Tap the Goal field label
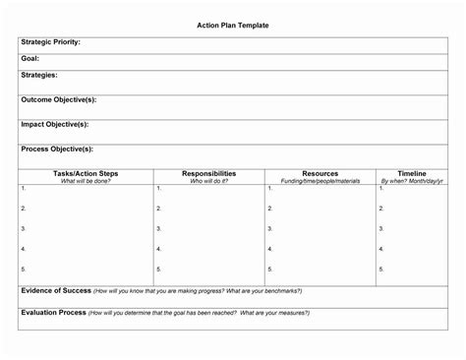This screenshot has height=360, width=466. click(30, 59)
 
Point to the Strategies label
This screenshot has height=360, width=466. click(39, 74)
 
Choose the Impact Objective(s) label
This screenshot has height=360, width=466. click(55, 124)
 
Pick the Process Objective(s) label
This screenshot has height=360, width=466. click(57, 149)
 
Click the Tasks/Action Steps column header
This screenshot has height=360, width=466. click(87, 173)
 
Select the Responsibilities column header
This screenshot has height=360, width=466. click(208, 173)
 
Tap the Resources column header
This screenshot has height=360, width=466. click(320, 173)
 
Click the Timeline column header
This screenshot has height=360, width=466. click(411, 173)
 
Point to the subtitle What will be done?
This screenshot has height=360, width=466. click(87, 181)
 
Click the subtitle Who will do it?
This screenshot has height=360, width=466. click(208, 181)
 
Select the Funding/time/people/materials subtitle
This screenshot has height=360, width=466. click(320, 181)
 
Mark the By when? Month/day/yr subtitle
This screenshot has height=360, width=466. click(411, 181)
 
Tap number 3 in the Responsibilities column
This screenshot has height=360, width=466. click(158, 229)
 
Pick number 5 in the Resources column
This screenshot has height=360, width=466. click(268, 269)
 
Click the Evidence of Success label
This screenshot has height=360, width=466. click(56, 291)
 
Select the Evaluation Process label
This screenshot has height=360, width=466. click(52, 312)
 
